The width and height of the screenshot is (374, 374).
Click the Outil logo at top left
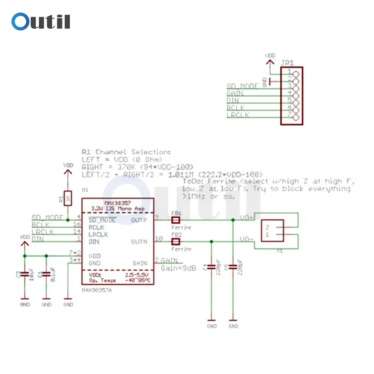(x=40, y=21)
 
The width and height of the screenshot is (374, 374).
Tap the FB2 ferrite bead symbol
(x=175, y=242)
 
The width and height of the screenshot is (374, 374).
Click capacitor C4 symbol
(x=211, y=267)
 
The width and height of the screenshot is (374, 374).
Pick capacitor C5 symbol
(x=233, y=267)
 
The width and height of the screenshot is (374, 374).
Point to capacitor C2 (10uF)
(x=24, y=274)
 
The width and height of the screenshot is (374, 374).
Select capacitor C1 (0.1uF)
(x=46, y=274)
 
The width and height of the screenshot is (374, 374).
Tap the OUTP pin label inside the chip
(x=139, y=220)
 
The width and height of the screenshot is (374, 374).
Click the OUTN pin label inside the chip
(x=139, y=242)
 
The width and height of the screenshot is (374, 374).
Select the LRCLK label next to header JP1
(x=238, y=115)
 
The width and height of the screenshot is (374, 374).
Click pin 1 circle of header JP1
(x=296, y=74)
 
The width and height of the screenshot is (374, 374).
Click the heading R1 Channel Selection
(x=126, y=152)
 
